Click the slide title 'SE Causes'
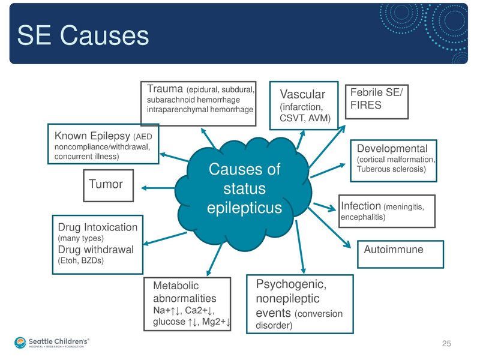pyautogui.click(x=83, y=35)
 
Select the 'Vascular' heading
pyautogui.click(x=303, y=94)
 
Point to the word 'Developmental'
pyautogui.click(x=392, y=148)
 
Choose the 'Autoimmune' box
pyautogui.click(x=394, y=250)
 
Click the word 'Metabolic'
pyautogui.click(x=175, y=286)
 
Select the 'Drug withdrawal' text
pyautogui.click(x=95, y=250)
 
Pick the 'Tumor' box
pyautogui.click(x=106, y=184)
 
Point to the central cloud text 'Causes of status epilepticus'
pyautogui.click(x=244, y=188)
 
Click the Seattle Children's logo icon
pyautogui.click(x=21, y=343)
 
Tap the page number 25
pyautogui.click(x=446, y=343)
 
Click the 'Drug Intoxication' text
pyautogui.click(x=98, y=227)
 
